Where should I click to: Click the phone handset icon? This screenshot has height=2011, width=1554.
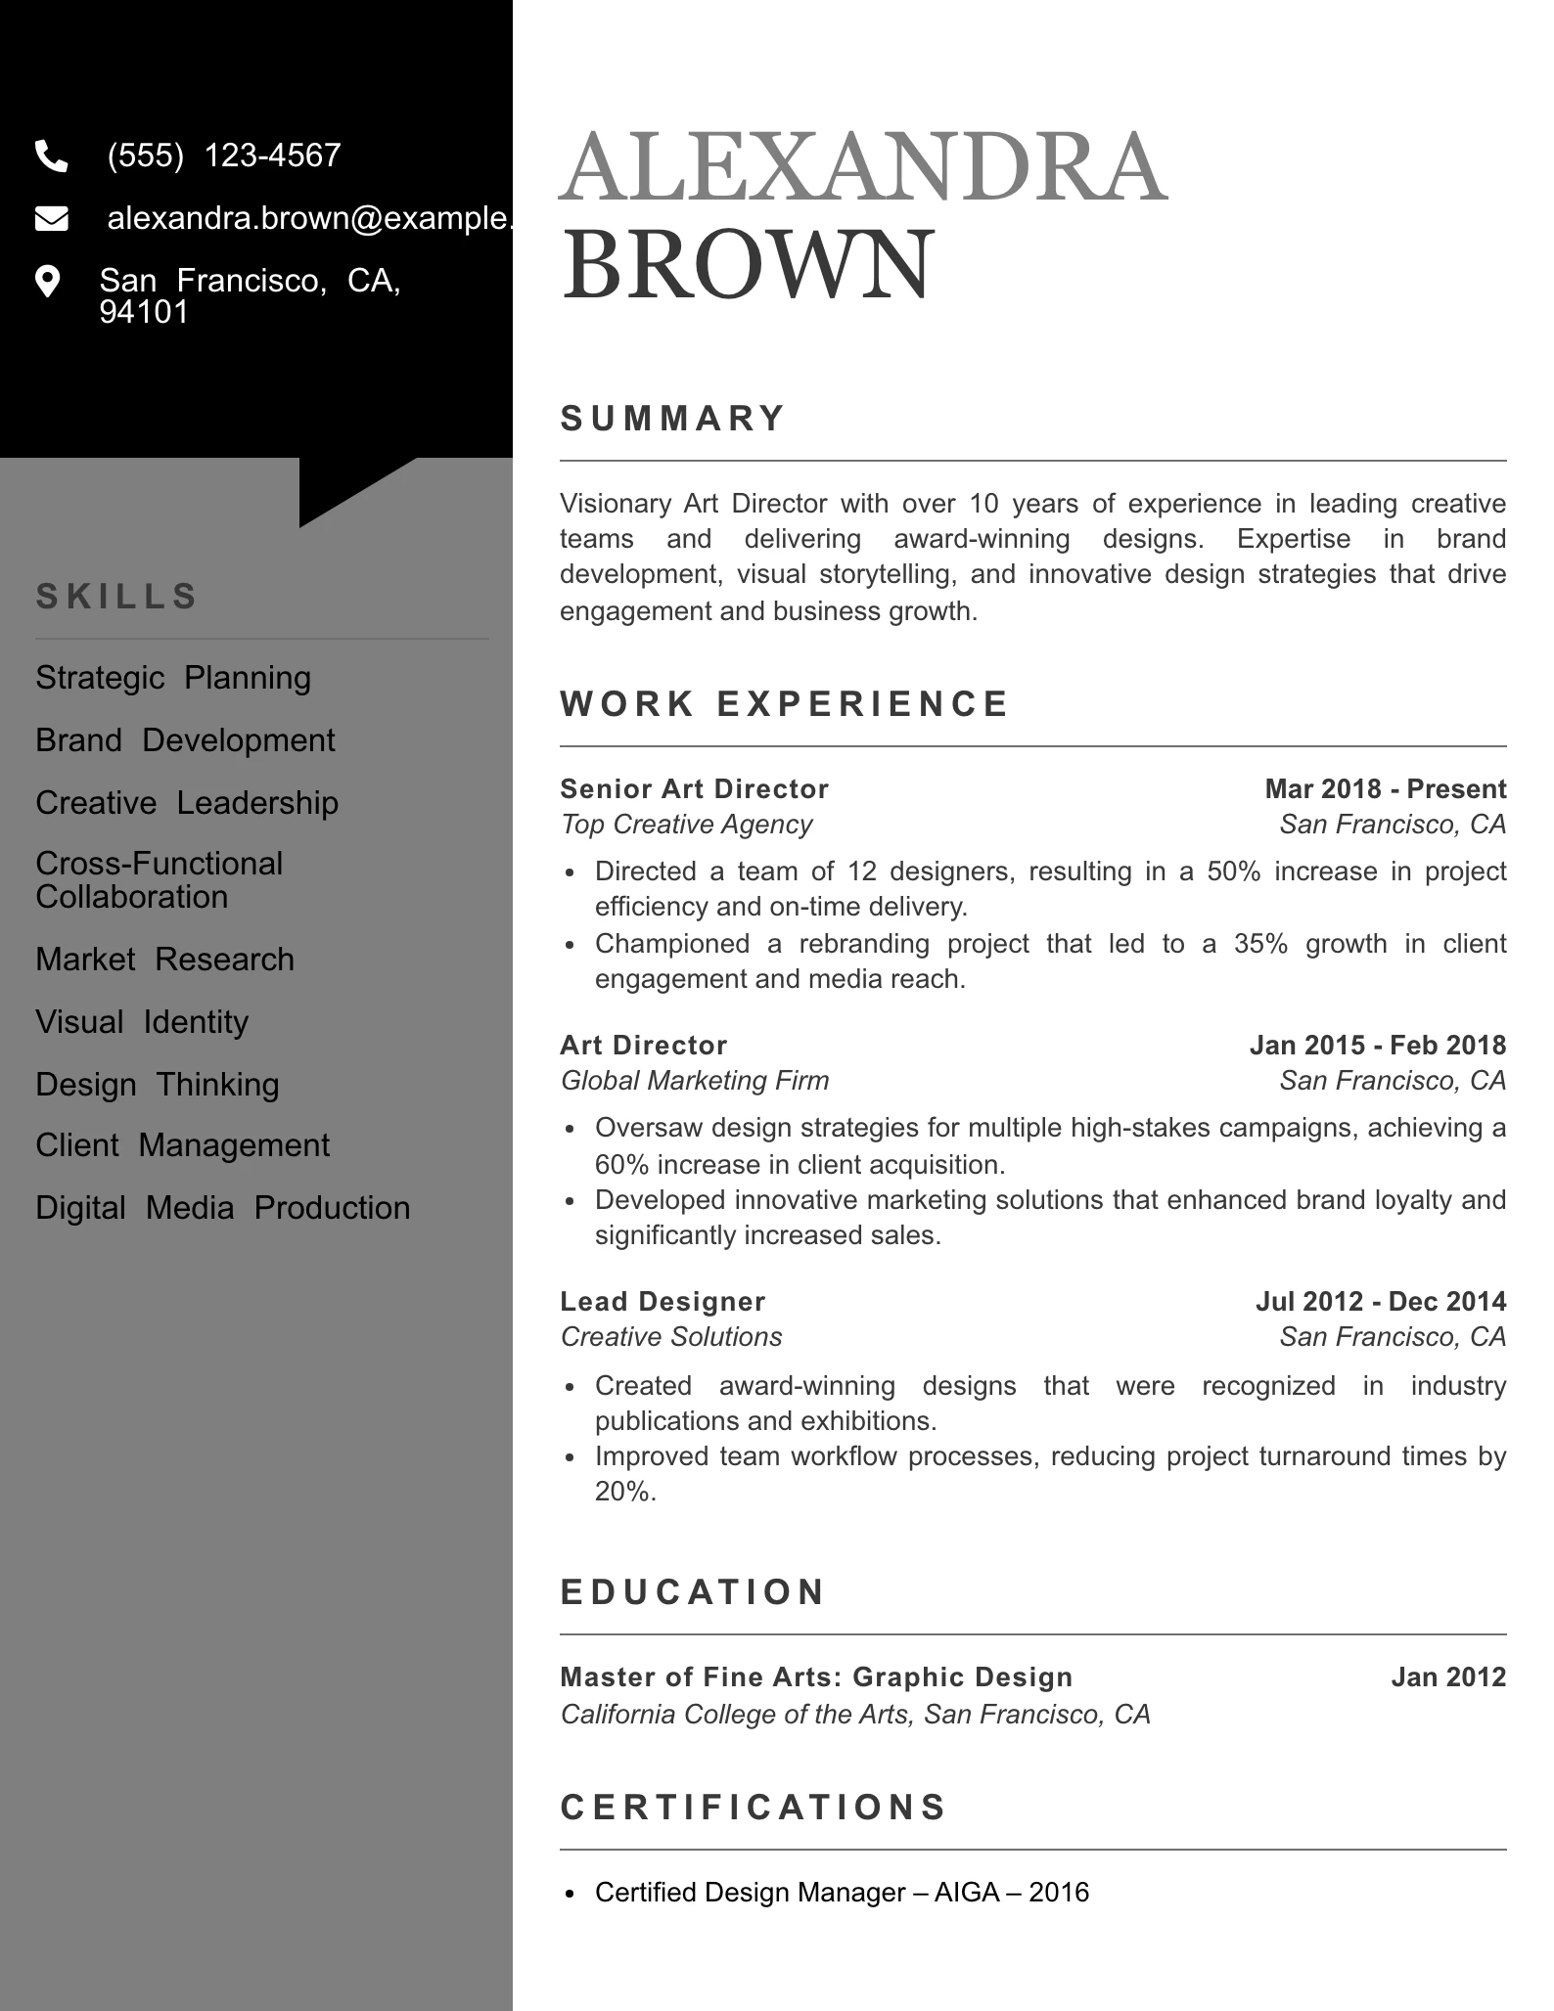pyautogui.click(x=51, y=156)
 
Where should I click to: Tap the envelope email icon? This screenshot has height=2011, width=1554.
pyautogui.click(x=51, y=219)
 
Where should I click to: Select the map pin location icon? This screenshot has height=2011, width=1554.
pyautogui.click(x=47, y=282)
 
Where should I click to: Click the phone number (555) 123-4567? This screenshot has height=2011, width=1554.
pyautogui.click(x=224, y=156)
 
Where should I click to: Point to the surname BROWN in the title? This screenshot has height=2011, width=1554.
pyautogui.click(x=748, y=265)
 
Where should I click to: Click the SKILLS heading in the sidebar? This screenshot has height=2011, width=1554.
pyautogui.click(x=117, y=596)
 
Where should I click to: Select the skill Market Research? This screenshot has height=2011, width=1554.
pyautogui.click(x=164, y=960)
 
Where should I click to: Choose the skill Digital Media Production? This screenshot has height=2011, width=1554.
pyautogui.click(x=222, y=1208)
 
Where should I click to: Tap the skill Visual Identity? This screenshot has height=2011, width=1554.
pyautogui.click(x=142, y=1022)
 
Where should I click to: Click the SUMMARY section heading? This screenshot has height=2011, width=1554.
pyautogui.click(x=673, y=419)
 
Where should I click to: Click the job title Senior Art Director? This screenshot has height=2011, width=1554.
pyautogui.click(x=694, y=789)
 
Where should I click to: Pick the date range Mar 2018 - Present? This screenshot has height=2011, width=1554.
pyautogui.click(x=1385, y=789)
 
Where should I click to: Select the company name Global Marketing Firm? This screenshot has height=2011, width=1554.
pyautogui.click(x=694, y=1081)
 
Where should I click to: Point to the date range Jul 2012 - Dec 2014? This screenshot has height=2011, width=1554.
pyautogui.click(x=1380, y=1302)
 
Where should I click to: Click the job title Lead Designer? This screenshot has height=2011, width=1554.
pyautogui.click(x=663, y=1302)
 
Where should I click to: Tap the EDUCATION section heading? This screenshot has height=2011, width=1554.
pyautogui.click(x=693, y=1592)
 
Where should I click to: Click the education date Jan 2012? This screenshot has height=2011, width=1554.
pyautogui.click(x=1448, y=1677)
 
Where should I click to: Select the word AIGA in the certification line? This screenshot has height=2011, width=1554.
pyautogui.click(x=964, y=1893)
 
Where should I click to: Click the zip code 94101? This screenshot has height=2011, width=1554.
pyautogui.click(x=144, y=312)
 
